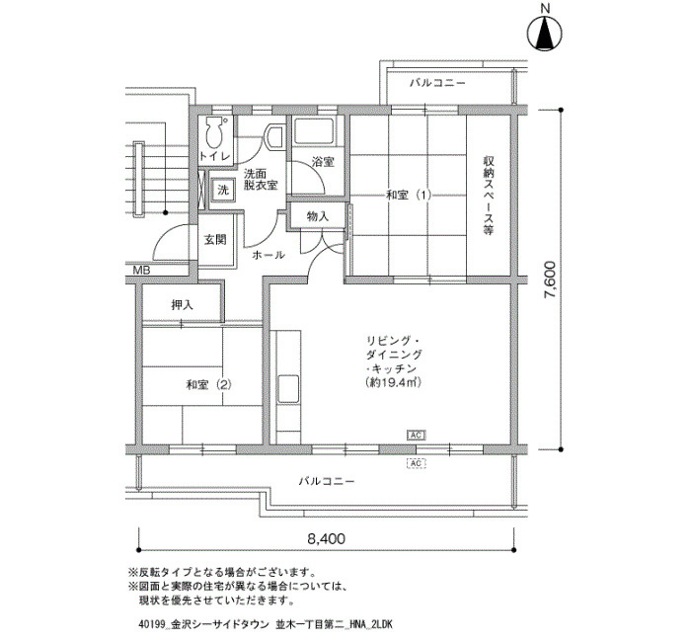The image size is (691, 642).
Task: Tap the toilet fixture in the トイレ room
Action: tap(215, 134)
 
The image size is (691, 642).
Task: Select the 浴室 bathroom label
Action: tap(322, 161)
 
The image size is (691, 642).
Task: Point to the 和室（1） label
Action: tap(409, 195)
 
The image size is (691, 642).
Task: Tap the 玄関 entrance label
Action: tap(214, 239)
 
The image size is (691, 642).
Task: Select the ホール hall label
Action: tap(269, 255)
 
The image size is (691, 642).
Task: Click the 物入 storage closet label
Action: tap(318, 215)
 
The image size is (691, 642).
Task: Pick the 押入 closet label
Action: tap(183, 305)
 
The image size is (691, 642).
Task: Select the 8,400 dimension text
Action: tap(326, 539)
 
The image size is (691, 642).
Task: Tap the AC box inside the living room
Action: tap(416, 434)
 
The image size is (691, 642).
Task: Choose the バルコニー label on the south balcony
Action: tap(326, 482)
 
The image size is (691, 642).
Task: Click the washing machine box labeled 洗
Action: tap(223, 189)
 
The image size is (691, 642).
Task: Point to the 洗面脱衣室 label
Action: tap(261, 178)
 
